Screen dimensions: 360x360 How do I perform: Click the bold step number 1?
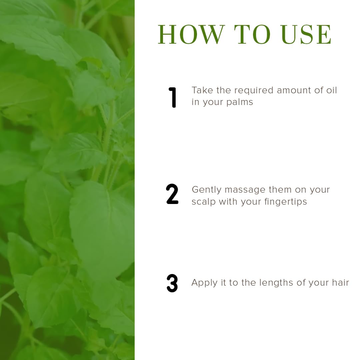pos(172,97)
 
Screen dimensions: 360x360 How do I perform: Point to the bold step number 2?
pos(172,194)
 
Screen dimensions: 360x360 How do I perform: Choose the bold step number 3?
pos(172,283)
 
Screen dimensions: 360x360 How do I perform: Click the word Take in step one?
pos(202,90)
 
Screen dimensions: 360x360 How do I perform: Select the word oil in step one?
pos(331,90)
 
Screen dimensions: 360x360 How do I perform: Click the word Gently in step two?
pos(207,190)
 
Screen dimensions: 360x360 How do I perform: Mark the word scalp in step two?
pos(204,202)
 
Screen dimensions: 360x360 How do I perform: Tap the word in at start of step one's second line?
pos(195,102)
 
